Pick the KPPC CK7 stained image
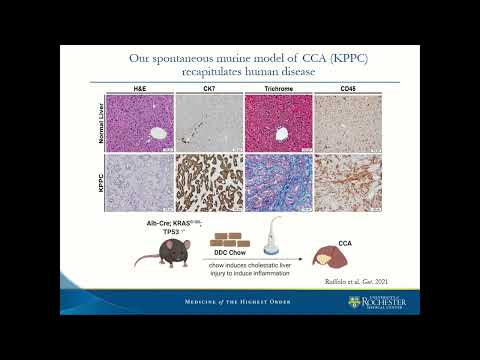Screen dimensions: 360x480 209,183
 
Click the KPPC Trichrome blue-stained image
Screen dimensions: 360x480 277,183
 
